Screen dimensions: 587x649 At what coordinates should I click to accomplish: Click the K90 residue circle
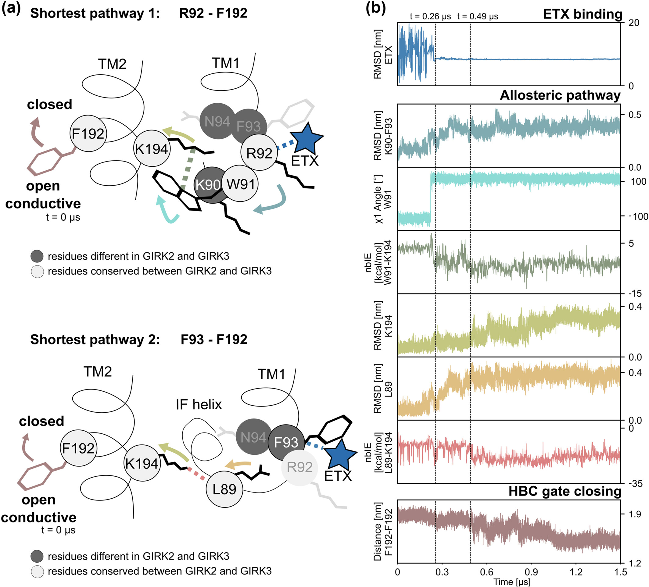pyautogui.click(x=208, y=185)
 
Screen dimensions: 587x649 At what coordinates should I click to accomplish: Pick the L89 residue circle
pyautogui.click(x=224, y=489)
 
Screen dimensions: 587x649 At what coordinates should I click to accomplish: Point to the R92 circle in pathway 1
pyautogui.click(x=259, y=153)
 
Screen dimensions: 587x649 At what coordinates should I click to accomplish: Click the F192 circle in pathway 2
pyautogui.click(x=79, y=448)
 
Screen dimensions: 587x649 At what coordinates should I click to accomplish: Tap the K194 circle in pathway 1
pyautogui.click(x=152, y=149)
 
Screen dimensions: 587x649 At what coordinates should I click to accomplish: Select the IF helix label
pyautogui.click(x=199, y=404)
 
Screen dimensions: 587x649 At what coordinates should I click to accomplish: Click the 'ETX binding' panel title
pyautogui.click(x=583, y=14)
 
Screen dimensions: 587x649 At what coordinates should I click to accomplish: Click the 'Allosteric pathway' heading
pyautogui.click(x=560, y=95)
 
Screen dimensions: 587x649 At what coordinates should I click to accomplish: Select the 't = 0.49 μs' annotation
pyautogui.click(x=477, y=16)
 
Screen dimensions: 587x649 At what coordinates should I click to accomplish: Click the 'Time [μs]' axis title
pyautogui.click(x=512, y=582)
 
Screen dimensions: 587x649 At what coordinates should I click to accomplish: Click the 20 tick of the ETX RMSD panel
pyautogui.click(x=633, y=23)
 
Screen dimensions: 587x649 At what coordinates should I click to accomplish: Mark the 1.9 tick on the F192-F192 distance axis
pyautogui.click(x=634, y=514)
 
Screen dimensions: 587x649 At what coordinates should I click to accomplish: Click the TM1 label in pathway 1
pyautogui.click(x=226, y=63)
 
